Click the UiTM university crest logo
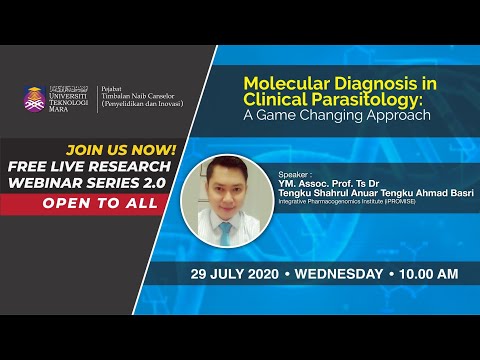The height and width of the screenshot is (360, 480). tap(35, 99)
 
